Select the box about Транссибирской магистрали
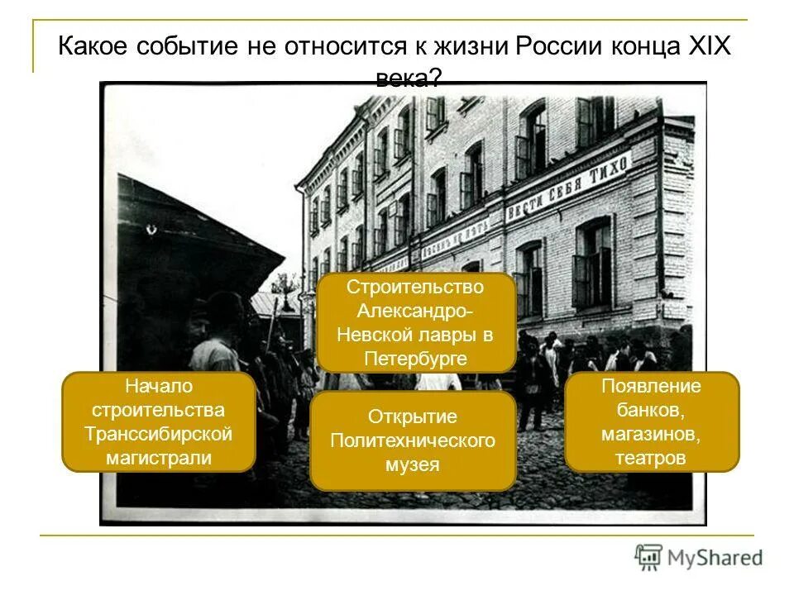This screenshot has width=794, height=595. tap(159, 421)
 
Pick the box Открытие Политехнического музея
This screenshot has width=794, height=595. tap(413, 440)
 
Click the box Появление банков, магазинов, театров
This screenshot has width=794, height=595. tap(651, 421)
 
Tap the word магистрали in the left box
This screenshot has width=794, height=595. tap(159, 458)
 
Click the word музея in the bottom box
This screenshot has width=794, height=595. tap(413, 464)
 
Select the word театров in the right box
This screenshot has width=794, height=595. tap(651, 458)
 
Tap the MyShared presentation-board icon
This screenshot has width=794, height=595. tap(648, 557)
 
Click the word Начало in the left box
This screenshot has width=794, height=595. tap(159, 386)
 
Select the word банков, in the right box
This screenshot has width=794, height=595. tap(651, 410)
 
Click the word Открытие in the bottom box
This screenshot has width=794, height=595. tap(413, 416)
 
